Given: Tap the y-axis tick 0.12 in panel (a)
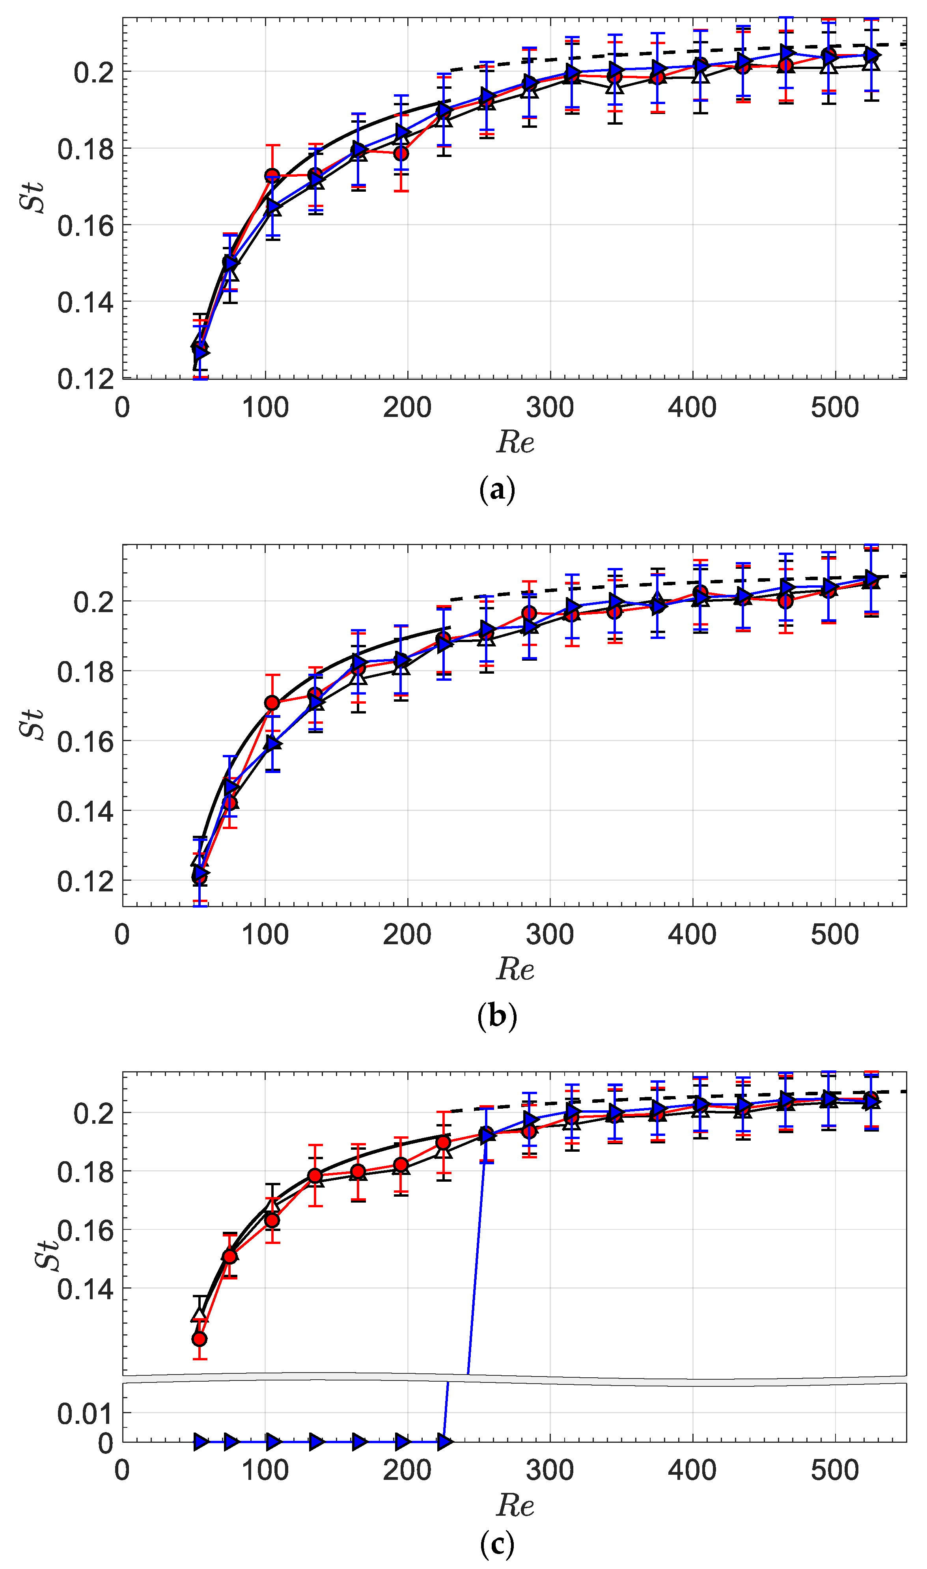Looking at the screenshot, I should pos(86,379).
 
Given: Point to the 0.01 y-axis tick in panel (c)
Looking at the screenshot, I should pos(86,1414).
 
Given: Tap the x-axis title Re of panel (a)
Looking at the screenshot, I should pos(515,443).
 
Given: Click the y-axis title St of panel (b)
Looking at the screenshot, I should pos(31,725).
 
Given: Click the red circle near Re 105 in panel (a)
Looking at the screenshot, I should pos(272,176).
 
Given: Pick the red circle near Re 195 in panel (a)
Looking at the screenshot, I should pos(401,153).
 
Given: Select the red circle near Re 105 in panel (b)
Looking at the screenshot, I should pos(272,703).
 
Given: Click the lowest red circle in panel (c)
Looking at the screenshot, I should pos(199,1338).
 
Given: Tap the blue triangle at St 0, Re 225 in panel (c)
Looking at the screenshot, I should pos(444,1442).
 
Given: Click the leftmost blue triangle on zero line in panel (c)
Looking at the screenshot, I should pos(201,1442).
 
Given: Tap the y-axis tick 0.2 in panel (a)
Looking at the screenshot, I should pos(94,73).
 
